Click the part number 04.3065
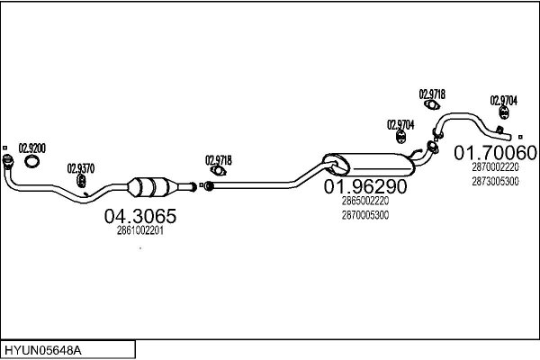tap(140, 216)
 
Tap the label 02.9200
tap(32, 148)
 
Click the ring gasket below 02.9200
tap(32, 161)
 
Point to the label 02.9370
tap(81, 168)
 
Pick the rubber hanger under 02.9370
tap(81, 181)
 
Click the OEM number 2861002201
tap(139, 230)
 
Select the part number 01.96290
tap(365, 186)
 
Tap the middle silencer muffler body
tap(369, 165)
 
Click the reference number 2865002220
tap(365, 201)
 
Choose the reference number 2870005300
tap(365, 215)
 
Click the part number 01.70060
tap(496, 153)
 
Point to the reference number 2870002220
tap(495, 167)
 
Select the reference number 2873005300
tap(495, 181)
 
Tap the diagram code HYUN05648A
tap(43, 351)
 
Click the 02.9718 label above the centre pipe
tap(219, 160)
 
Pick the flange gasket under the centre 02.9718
tap(218, 170)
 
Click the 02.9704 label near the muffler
tap(400, 125)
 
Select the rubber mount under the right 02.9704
tap(504, 112)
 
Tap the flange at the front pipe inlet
tap(7, 161)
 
